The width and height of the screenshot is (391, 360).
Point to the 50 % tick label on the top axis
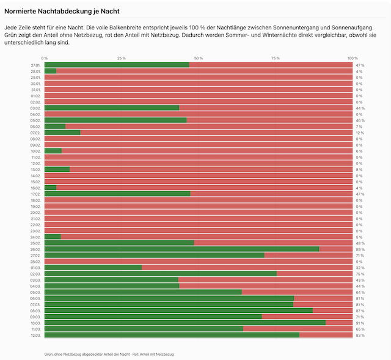[199, 58]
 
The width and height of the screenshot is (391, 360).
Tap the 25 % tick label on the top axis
[122, 58]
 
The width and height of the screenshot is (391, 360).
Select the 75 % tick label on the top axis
[276, 58]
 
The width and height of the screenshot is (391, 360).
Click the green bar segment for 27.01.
[117, 65]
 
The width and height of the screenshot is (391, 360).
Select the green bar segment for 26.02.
[181, 249]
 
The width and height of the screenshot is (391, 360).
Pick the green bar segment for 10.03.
[185, 323]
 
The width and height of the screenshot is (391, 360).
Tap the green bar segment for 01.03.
[93, 267]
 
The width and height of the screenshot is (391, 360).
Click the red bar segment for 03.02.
[266, 108]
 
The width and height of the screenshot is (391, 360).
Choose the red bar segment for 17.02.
[271, 194]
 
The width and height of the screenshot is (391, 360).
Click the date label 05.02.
[35, 120]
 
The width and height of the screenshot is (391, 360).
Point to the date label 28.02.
[35, 262]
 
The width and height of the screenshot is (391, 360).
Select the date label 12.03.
[35, 335]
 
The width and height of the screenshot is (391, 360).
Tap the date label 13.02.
[35, 169]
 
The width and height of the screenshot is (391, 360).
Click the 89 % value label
[360, 249]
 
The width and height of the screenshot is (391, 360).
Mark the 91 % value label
[360, 323]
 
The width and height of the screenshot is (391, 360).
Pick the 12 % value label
[360, 133]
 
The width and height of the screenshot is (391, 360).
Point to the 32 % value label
[360, 268]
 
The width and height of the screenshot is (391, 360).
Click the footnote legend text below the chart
[109, 354]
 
